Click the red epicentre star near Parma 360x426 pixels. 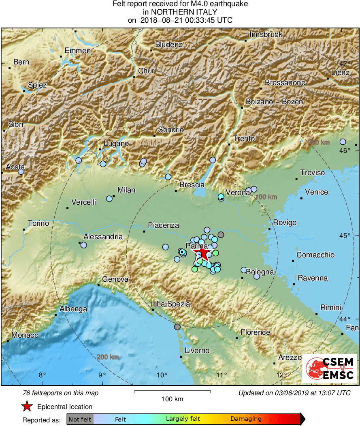coord(203,255)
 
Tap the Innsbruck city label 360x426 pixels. coord(266,35)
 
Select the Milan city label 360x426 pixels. coord(126,190)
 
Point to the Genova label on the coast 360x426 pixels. coord(115,279)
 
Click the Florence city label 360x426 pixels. coord(255,332)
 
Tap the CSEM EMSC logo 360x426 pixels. coord(329,368)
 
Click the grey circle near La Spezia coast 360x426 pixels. coord(177,327)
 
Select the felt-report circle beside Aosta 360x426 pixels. coord(21,172)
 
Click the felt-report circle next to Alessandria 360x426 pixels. coord(83,245)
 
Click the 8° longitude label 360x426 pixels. coord(42,375)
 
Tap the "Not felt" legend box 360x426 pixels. coord(80,419)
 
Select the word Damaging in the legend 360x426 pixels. coord(246,419)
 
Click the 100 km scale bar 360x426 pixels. coord(172,392)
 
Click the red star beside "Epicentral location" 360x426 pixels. coord(27,406)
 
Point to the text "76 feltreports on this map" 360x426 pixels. coord(61,393)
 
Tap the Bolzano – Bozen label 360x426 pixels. coord(274,102)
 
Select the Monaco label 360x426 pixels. coord(25,335)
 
